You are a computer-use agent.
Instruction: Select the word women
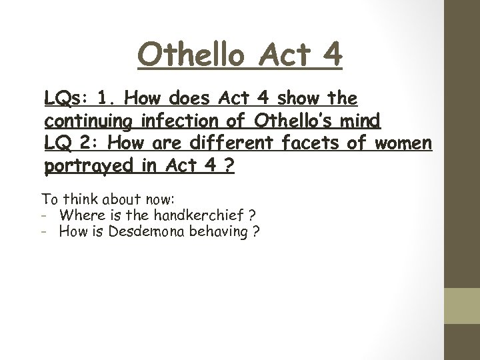[x=404, y=143]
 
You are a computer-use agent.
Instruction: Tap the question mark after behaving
[x=257, y=232]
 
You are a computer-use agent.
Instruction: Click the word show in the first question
[x=301, y=100]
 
